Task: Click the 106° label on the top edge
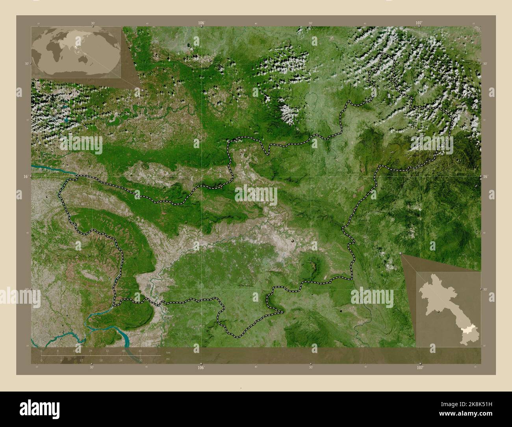coord(201,23)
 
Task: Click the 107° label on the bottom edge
coord(420,368)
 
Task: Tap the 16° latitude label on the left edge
coord(26,177)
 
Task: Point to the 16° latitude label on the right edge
coord(486,177)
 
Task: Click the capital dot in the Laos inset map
coord(439,311)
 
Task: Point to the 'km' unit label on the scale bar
coord(168,352)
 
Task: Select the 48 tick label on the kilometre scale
coord(140,351)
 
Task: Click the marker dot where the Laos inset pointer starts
coord(401,254)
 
